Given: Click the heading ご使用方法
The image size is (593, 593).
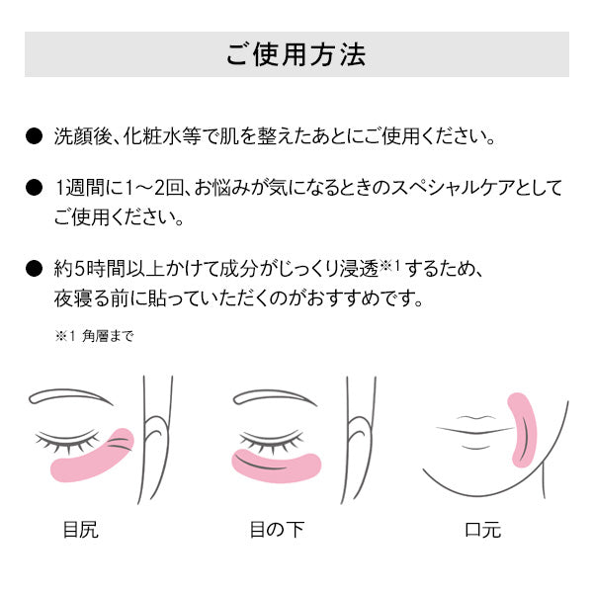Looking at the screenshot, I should (x=296, y=54).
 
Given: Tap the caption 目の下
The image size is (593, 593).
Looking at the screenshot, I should (x=276, y=530).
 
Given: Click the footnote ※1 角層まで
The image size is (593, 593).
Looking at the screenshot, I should (x=94, y=336).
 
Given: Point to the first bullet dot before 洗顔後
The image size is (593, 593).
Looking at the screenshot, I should (x=33, y=135).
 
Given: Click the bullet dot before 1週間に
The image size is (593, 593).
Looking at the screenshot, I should (x=33, y=187).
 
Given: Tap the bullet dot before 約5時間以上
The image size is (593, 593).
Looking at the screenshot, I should (x=33, y=268).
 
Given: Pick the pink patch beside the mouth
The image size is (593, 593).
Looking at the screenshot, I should (x=520, y=427).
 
